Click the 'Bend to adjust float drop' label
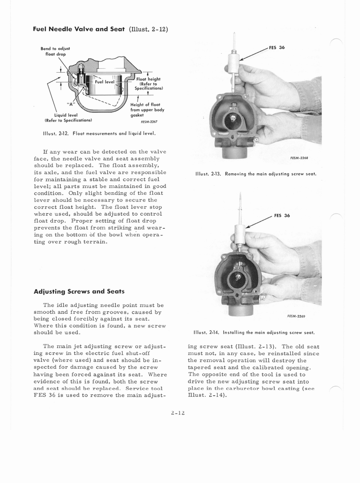pyautogui.click(x=55, y=51)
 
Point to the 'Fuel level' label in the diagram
pyautogui.click(x=105, y=82)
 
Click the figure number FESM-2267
pyautogui.click(x=142, y=121)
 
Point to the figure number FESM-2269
pyautogui.click(x=298, y=316)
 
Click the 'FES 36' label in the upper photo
pyautogui.click(x=277, y=48)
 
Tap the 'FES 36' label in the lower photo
pyautogui.click(x=282, y=216)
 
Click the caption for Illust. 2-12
pyautogui.click(x=99, y=133)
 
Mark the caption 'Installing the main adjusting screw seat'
pyautogui.click(x=254, y=332)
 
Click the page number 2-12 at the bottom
pyautogui.click(x=179, y=413)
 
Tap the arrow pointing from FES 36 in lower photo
pyautogui.click(x=259, y=222)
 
